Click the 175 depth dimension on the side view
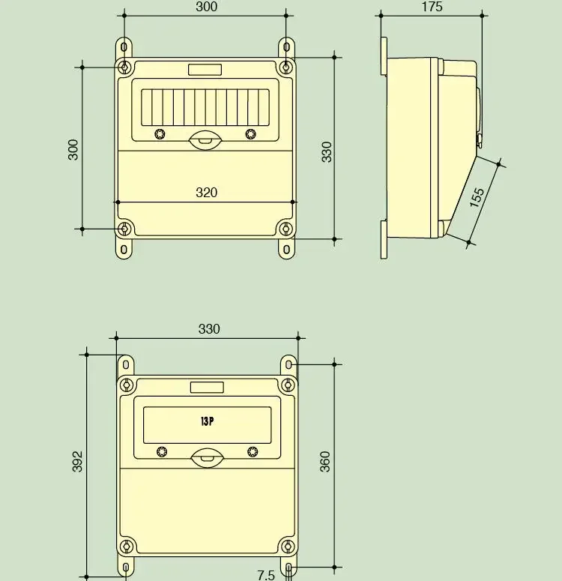pyautogui.click(x=432, y=7)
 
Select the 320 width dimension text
pyautogui.click(x=206, y=193)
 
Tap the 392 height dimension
pyautogui.click(x=77, y=461)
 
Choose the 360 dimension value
pyautogui.click(x=325, y=461)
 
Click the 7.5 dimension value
pyautogui.click(x=266, y=575)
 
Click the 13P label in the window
pyautogui.click(x=207, y=421)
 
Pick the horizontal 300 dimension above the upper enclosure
pyautogui.click(x=206, y=7)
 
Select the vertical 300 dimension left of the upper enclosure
pyautogui.click(x=73, y=148)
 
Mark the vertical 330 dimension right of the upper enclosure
pyautogui.click(x=327, y=151)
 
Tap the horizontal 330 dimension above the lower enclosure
pyautogui.click(x=209, y=329)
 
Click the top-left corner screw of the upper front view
pyautogui.click(x=125, y=67)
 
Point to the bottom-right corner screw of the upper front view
pyautogui.click(x=285, y=228)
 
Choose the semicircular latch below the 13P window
pyautogui.click(x=207, y=457)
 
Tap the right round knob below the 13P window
pyautogui.click(x=253, y=451)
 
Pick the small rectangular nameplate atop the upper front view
pyautogui.click(x=205, y=70)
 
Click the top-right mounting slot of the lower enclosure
pyautogui.click(x=290, y=366)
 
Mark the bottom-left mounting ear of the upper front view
pyautogui.click(x=124, y=247)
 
